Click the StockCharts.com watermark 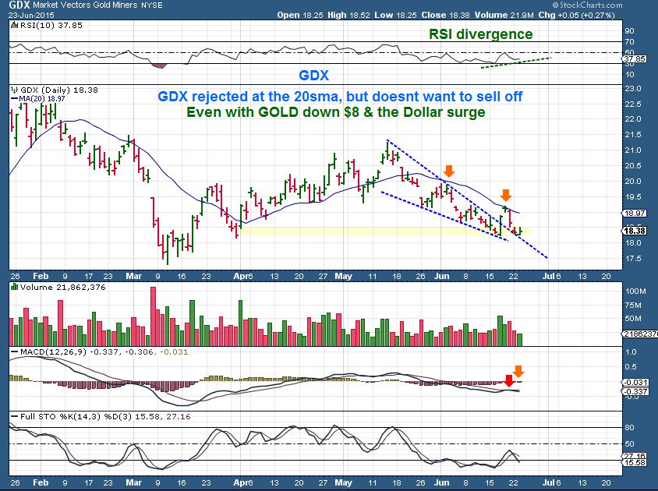(x=619, y=5)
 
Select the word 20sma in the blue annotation (x=323, y=96)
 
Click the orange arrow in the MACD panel (x=519, y=371)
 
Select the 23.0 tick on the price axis (x=632, y=88)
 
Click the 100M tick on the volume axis (x=634, y=291)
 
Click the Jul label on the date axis (x=548, y=275)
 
